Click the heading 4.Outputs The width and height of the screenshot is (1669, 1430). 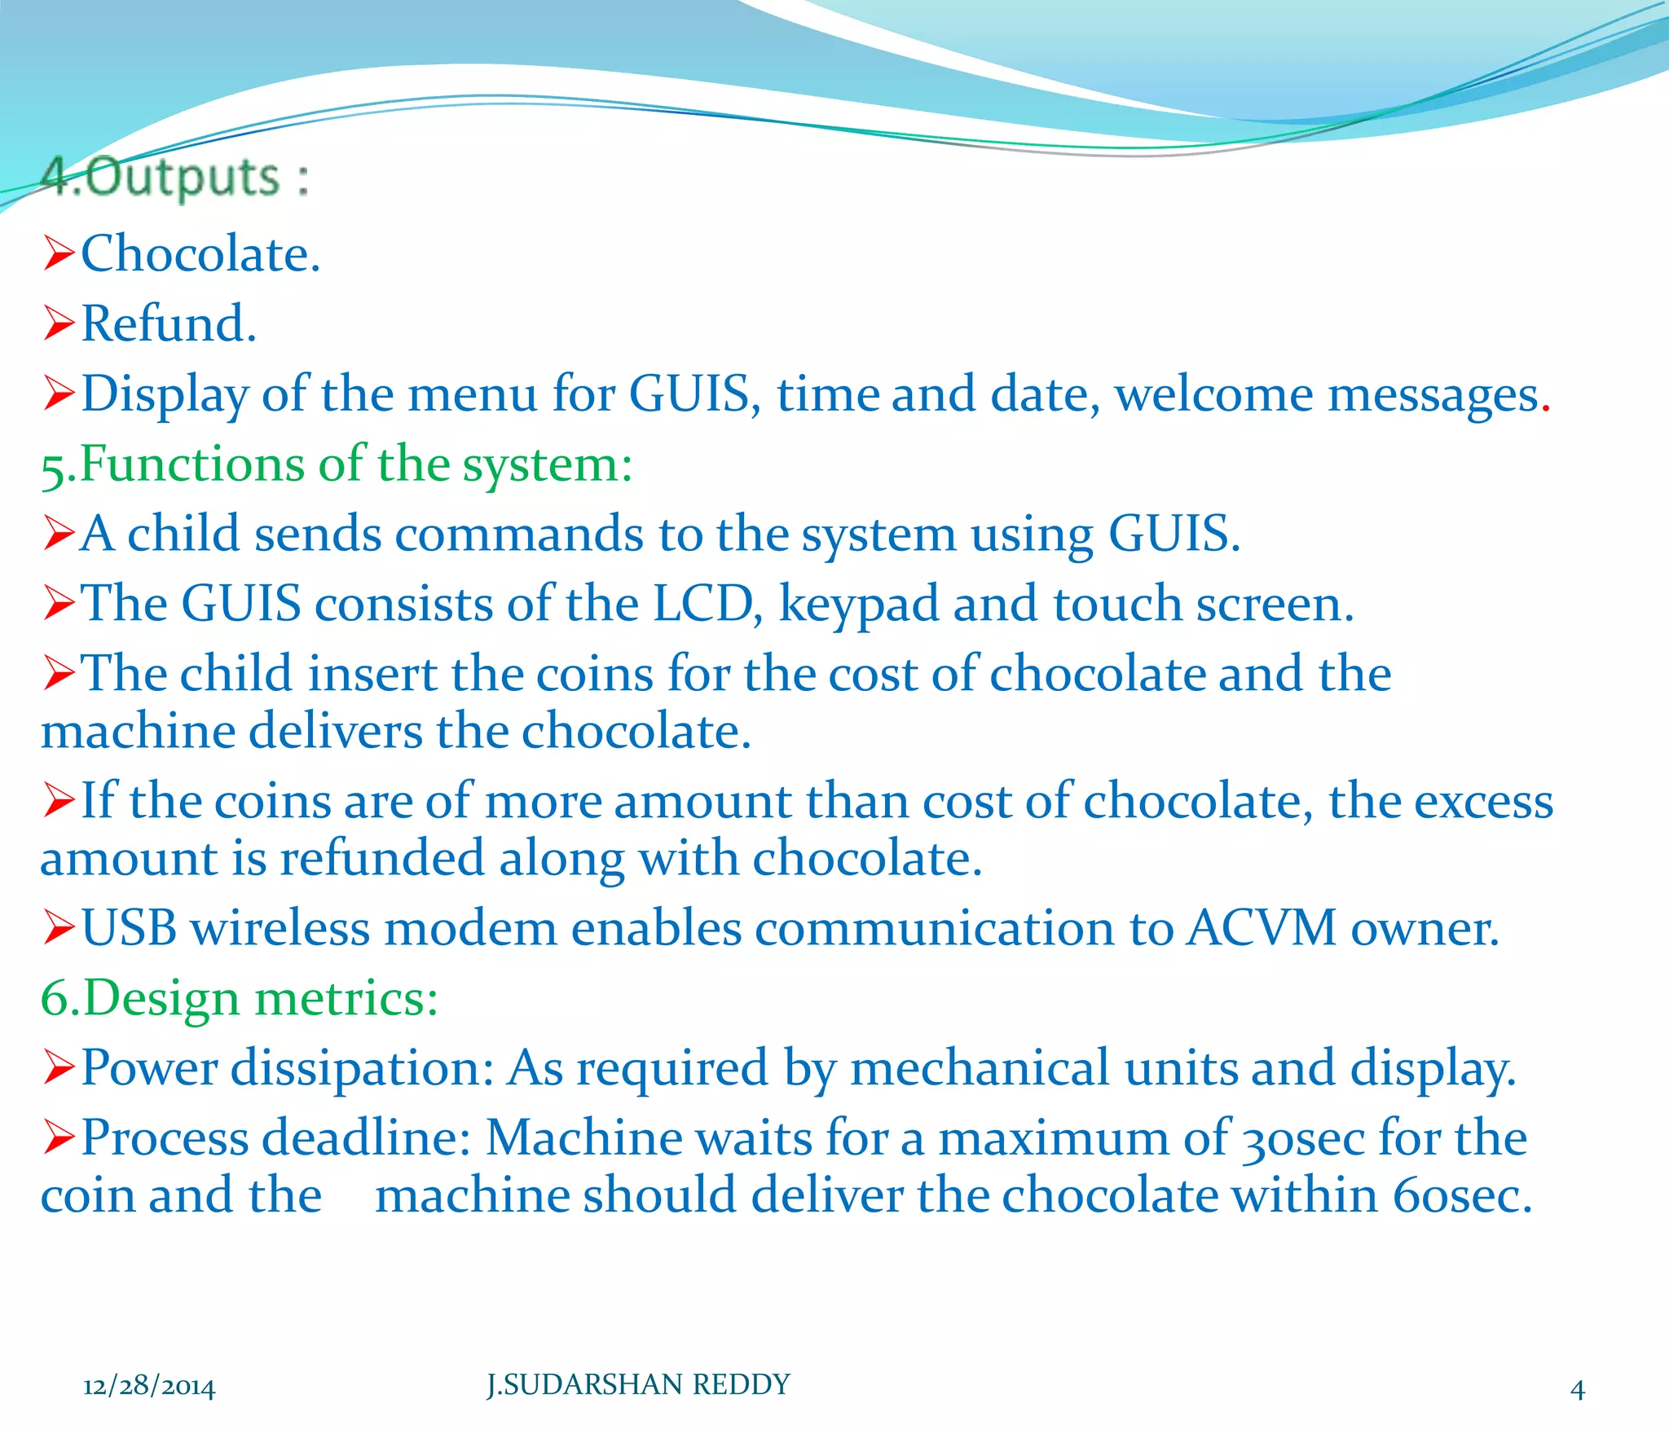point(174,177)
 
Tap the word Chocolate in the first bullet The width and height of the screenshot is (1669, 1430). point(196,254)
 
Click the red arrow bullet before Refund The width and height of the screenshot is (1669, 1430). point(59,323)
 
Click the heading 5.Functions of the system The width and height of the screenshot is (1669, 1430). point(337,465)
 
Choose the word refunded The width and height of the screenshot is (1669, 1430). point(382,860)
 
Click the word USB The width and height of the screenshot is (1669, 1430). point(129,929)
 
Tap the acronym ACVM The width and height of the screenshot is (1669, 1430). point(1261,929)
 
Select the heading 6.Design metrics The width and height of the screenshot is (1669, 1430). point(239,999)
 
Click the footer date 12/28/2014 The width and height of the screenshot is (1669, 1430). point(149,1386)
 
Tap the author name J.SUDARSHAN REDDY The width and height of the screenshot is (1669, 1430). point(638,1384)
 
